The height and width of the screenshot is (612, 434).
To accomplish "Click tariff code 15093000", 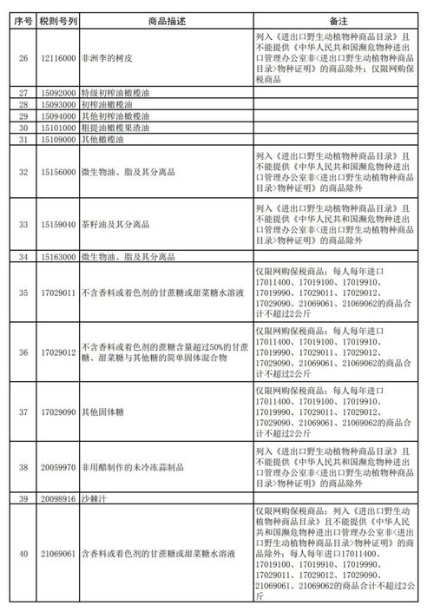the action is pyautogui.click(x=55, y=103).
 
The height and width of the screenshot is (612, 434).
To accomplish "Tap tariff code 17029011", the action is pyautogui.click(x=55, y=293).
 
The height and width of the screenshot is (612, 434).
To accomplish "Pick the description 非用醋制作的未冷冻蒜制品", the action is pyautogui.click(x=130, y=465).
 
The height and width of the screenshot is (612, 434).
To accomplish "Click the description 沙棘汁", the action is pyautogui.click(x=95, y=498).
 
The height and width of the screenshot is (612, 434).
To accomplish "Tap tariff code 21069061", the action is pyautogui.click(x=55, y=552).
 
